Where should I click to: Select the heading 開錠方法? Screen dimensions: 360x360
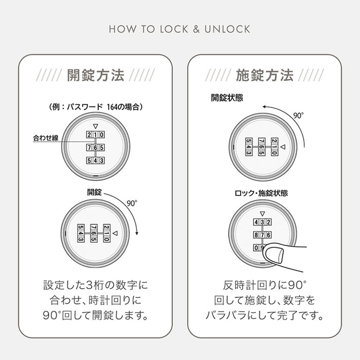coord(96,76)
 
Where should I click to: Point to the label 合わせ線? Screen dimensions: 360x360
coord(47,138)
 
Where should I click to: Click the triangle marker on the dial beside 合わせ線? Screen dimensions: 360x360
coord(95,125)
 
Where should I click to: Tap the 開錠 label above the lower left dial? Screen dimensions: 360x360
coord(95,192)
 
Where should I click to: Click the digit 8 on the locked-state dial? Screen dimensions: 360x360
coord(256,235)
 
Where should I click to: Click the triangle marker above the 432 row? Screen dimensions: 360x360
coord(262,213)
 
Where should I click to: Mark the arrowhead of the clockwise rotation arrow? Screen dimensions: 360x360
coord(135,236)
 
